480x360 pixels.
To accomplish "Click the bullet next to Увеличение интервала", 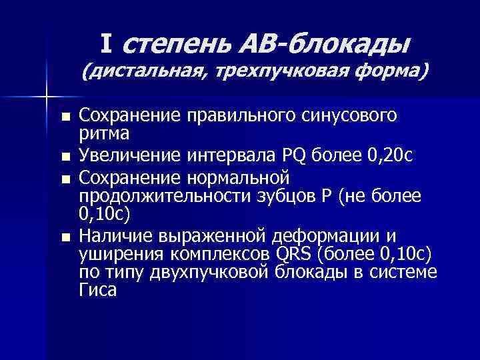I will click(64, 158).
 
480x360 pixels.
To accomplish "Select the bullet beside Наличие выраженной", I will click(64, 237).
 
